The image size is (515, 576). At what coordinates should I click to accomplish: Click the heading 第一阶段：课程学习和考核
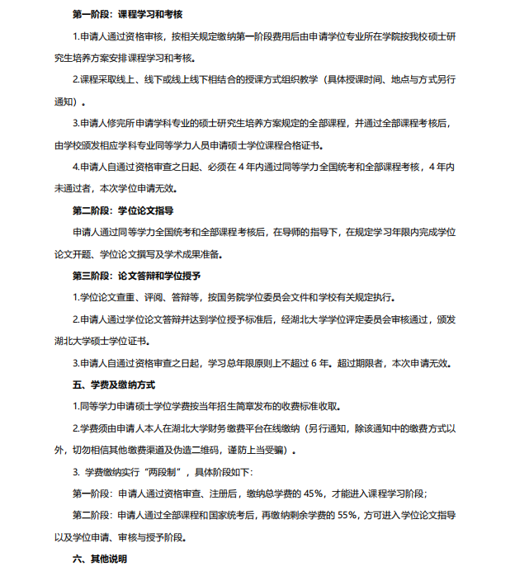click(127, 15)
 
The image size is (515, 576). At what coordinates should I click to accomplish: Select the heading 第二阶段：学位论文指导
click(122, 210)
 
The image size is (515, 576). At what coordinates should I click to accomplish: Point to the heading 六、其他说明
click(100, 559)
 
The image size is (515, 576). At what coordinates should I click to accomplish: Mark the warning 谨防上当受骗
click(260, 450)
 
